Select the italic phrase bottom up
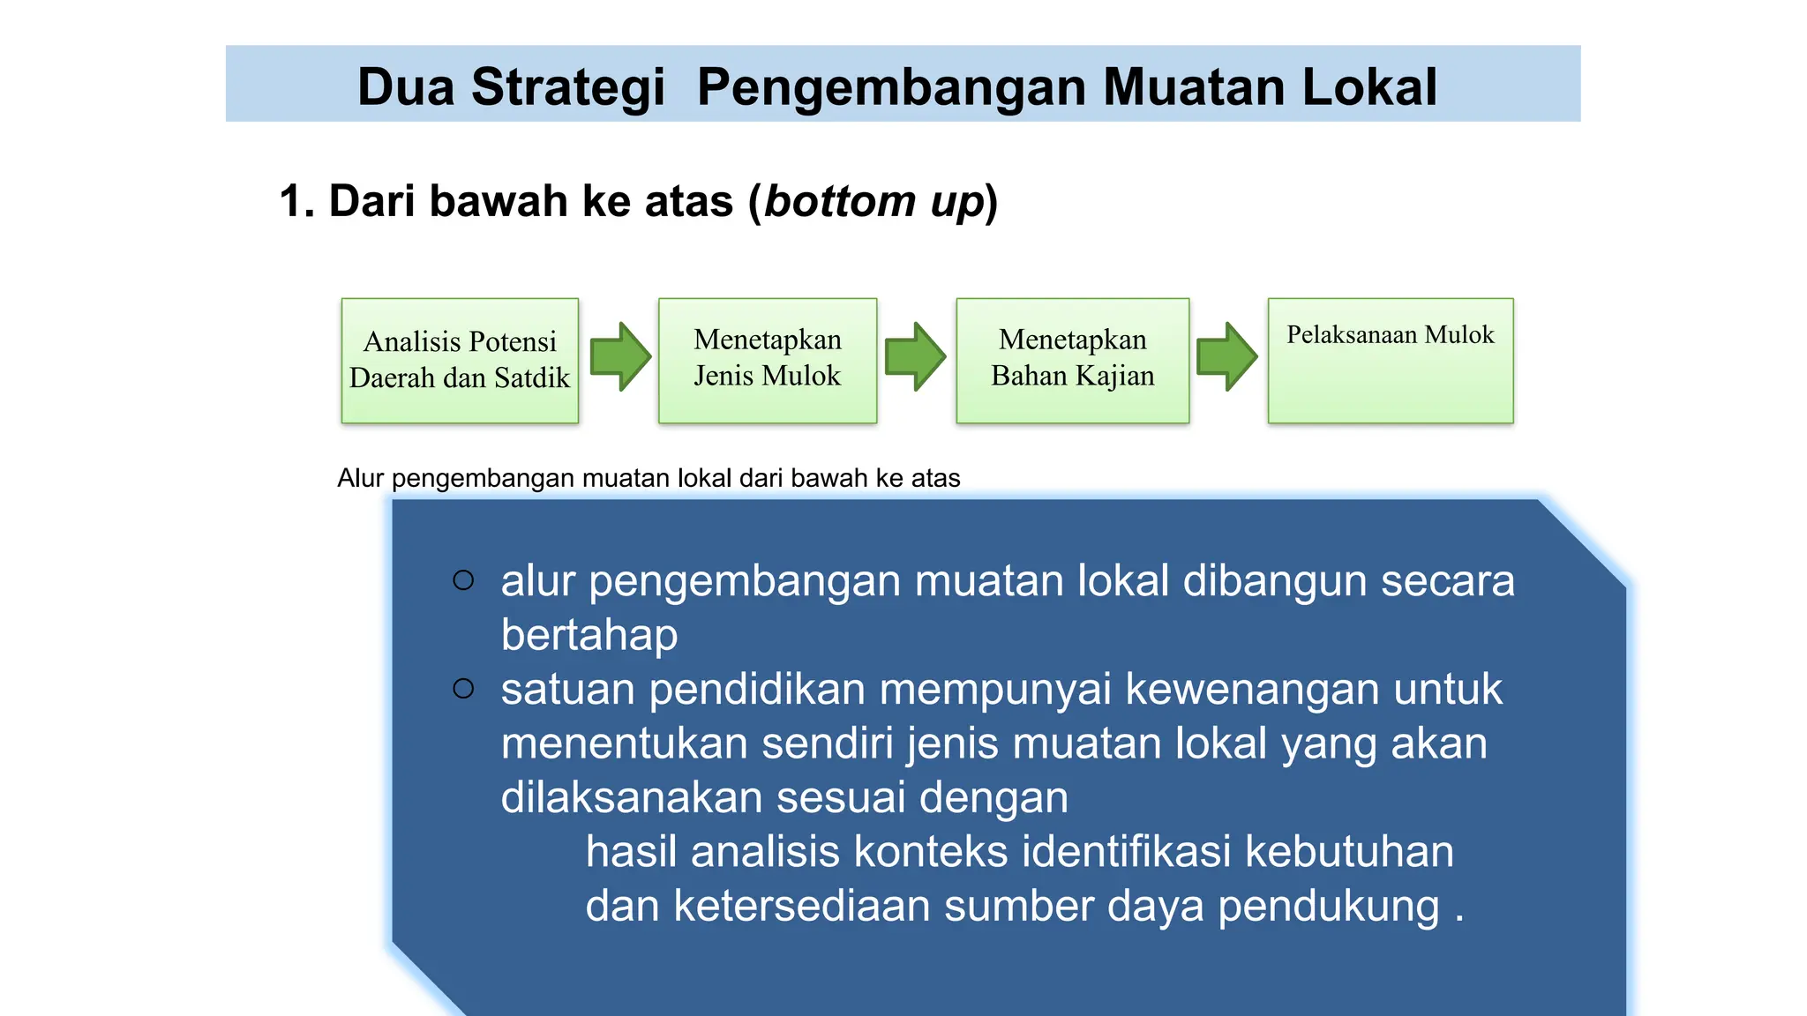click(874, 201)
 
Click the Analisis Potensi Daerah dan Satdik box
click(460, 361)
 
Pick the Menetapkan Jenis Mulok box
click(768, 361)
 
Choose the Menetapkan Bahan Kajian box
click(1073, 361)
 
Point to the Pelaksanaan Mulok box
click(1391, 361)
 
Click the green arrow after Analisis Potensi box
click(620, 356)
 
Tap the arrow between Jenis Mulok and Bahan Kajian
click(915, 356)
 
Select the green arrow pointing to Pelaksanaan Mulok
click(1226, 356)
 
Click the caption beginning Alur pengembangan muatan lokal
click(649, 478)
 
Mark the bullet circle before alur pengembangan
click(463, 580)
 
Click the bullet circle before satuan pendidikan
click(463, 688)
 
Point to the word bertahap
click(589, 635)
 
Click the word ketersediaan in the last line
click(801, 906)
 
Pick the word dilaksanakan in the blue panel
click(631, 797)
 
